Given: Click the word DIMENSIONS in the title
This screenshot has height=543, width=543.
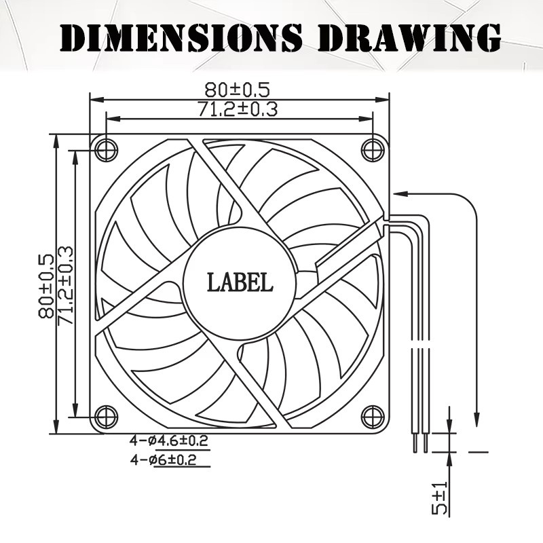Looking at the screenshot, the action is click(181, 37).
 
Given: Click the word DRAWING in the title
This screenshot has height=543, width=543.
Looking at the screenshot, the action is click(411, 37).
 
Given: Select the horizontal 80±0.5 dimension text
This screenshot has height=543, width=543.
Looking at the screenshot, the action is click(237, 90).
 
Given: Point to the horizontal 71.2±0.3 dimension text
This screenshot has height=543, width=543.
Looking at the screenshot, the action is click(238, 109).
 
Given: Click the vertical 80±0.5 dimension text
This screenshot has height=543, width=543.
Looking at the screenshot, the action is click(46, 286).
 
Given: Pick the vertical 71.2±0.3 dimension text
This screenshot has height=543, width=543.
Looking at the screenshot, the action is click(65, 286).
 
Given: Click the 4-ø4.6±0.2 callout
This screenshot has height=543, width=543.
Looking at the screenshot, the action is click(168, 441).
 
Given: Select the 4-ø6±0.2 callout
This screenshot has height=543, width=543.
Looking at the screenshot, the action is click(163, 460).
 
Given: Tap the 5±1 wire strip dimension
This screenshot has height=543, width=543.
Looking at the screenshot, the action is click(440, 498).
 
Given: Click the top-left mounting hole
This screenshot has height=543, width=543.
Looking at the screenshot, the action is click(106, 150).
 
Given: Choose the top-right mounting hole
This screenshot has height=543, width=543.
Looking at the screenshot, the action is click(373, 150).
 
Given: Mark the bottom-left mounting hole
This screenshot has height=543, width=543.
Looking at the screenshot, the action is click(106, 417).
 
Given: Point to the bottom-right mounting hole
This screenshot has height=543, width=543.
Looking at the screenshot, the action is click(373, 417).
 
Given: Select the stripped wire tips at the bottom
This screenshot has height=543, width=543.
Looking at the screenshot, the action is click(420, 443).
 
